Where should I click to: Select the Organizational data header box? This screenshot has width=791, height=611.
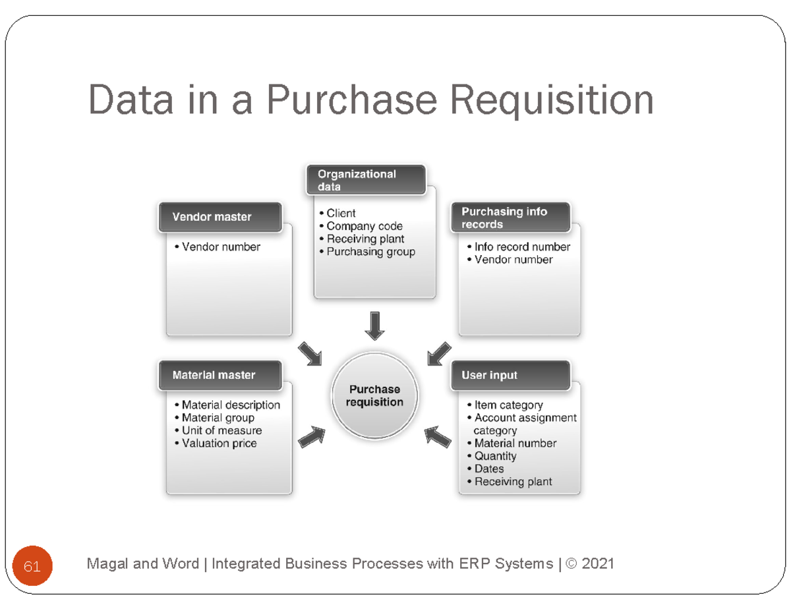[366, 180]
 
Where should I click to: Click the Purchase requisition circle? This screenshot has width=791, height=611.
[374, 396]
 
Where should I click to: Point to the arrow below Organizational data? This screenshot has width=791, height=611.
[374, 326]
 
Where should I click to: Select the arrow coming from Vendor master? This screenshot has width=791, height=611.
[310, 353]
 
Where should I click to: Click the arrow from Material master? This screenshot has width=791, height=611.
[312, 436]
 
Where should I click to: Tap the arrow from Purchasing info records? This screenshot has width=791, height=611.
[439, 353]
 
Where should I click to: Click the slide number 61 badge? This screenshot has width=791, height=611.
[32, 566]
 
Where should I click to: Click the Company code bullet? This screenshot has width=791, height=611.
[364, 226]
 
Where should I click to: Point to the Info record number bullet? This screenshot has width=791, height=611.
[521, 247]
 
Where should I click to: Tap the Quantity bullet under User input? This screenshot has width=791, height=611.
[495, 456]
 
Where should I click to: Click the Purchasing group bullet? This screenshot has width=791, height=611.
[370, 252]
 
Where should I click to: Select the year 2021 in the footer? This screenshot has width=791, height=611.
[598, 564]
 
